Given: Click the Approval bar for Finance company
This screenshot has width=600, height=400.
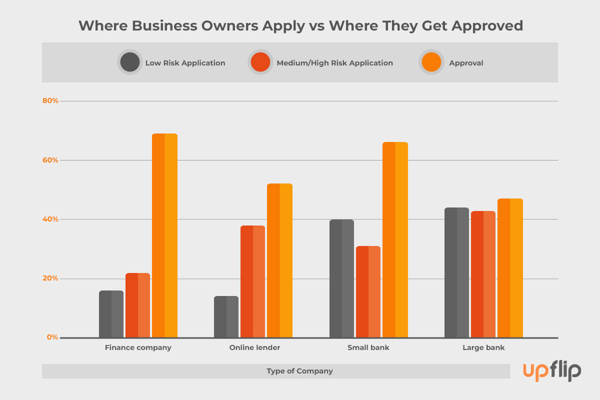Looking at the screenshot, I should click(x=164, y=235).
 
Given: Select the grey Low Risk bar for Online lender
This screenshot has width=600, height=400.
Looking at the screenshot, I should click(x=226, y=316).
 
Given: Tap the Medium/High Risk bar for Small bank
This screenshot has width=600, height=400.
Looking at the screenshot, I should click(x=368, y=291).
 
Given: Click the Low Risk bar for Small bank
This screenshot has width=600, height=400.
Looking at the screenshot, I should click(x=341, y=278).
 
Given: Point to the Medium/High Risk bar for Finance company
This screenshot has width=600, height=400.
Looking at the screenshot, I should click(x=137, y=305).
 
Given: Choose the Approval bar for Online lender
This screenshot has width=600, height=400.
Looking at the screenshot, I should click(x=279, y=260).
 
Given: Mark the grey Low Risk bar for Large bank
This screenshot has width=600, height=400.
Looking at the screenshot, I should click(x=456, y=272).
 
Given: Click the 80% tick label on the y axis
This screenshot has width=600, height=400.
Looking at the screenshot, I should click(x=50, y=101).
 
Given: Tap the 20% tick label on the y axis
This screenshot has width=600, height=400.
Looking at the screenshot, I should click(x=50, y=278).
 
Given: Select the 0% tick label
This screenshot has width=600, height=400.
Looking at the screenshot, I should click(x=52, y=337).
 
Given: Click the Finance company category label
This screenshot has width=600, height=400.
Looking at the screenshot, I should click(x=138, y=347).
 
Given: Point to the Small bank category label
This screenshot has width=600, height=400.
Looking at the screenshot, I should click(x=368, y=347).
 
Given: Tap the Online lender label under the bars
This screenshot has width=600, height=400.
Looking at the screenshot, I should click(x=254, y=347).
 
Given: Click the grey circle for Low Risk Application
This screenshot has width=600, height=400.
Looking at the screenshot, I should click(x=130, y=62).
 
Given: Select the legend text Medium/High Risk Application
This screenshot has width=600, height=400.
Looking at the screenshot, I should click(x=334, y=63).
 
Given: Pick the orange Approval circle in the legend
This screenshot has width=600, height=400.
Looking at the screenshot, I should click(x=431, y=62).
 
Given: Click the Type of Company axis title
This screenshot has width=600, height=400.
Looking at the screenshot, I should click(x=299, y=371).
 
